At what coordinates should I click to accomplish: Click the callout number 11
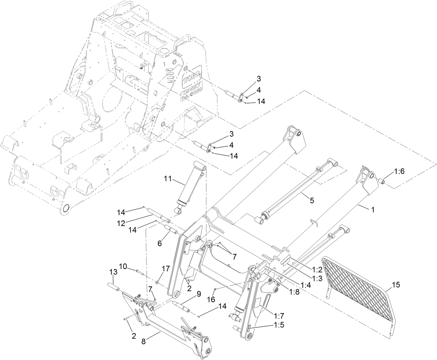click(168, 179)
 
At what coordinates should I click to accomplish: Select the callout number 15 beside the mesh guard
click(396, 285)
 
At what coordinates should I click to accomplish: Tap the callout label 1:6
click(399, 171)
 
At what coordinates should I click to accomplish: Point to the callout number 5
click(312, 200)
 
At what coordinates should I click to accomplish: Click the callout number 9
click(198, 294)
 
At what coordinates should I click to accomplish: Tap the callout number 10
click(123, 266)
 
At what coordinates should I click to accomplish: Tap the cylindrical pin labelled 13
click(114, 288)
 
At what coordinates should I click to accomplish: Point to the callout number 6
click(159, 244)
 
